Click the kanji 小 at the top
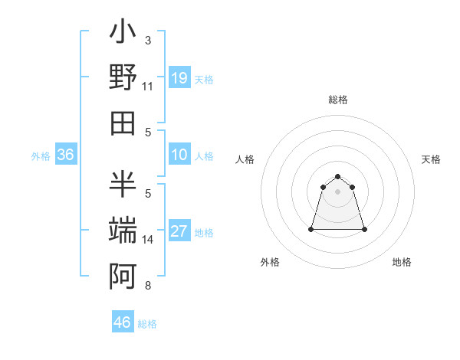pos(123,35)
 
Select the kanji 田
pos(123,122)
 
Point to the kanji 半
pos(123,184)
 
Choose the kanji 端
pos(123,229)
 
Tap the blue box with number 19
pos(179,78)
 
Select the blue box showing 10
pos(179,155)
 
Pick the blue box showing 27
pos(179,232)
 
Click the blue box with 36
pos(66,155)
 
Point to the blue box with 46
pos(123,322)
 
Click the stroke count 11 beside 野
pos(148,87)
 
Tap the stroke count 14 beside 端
pos(148,240)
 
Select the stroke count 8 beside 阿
pos(148,286)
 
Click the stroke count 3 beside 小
pos(148,40)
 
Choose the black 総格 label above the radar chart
pos(337,100)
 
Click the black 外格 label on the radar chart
pos(270,263)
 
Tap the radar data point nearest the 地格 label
pos(364,229)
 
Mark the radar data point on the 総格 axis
pos(337,177)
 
